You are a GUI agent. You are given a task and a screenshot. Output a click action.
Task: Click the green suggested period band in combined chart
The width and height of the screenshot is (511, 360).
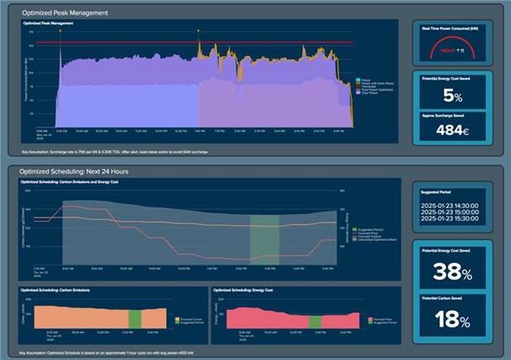point(264,237)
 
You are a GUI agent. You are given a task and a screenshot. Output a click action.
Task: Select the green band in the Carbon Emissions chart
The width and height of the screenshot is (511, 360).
point(134,319)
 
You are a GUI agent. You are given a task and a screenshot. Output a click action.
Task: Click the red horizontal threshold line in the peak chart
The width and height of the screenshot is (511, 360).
point(253,42)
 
